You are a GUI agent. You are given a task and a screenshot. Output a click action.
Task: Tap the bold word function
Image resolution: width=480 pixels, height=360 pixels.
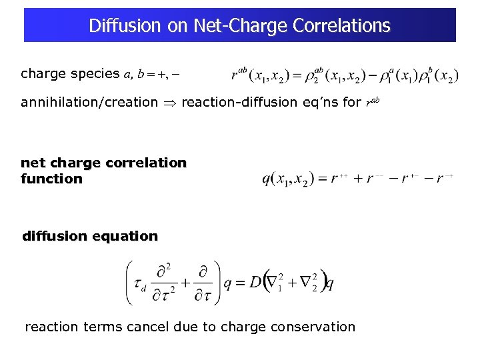(51, 179)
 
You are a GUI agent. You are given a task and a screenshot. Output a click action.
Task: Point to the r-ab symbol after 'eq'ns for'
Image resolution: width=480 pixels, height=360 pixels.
(372, 103)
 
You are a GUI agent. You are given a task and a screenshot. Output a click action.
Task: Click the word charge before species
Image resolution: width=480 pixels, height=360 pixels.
(45, 74)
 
